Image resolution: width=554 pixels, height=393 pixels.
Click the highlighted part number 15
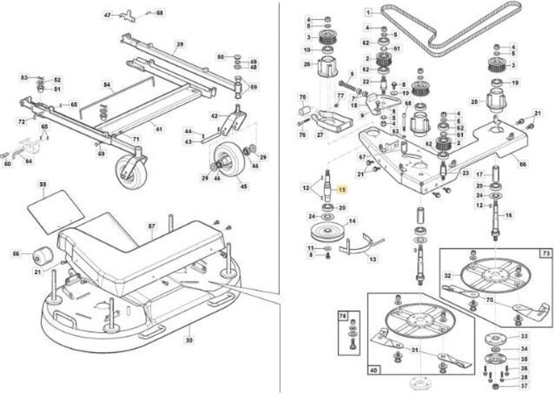340,190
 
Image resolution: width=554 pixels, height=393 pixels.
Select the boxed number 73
546,254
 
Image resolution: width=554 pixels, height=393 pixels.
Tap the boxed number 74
341,316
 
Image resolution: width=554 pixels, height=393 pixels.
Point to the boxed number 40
373,371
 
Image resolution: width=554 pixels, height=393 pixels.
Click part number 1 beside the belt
369,12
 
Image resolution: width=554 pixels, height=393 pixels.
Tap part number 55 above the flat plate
42,185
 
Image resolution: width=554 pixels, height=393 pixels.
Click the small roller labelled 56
43,256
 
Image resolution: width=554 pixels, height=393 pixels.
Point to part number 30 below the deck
189,340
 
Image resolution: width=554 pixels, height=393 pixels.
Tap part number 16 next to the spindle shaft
509,215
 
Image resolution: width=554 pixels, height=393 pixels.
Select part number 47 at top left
107,15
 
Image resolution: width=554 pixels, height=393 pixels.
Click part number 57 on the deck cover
152,226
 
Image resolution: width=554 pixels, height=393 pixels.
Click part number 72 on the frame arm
21,122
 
